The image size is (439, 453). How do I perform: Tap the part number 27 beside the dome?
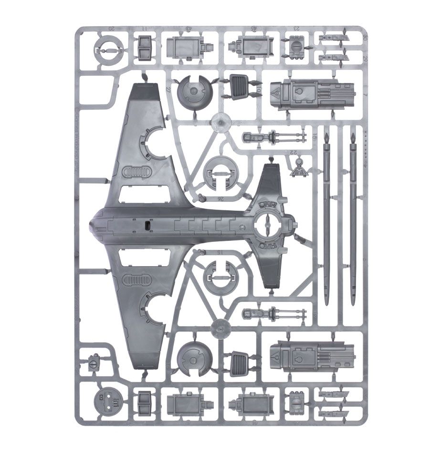click(168, 89)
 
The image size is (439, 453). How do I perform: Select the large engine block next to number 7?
click(313, 93)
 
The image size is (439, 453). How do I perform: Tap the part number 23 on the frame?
click(297, 29)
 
